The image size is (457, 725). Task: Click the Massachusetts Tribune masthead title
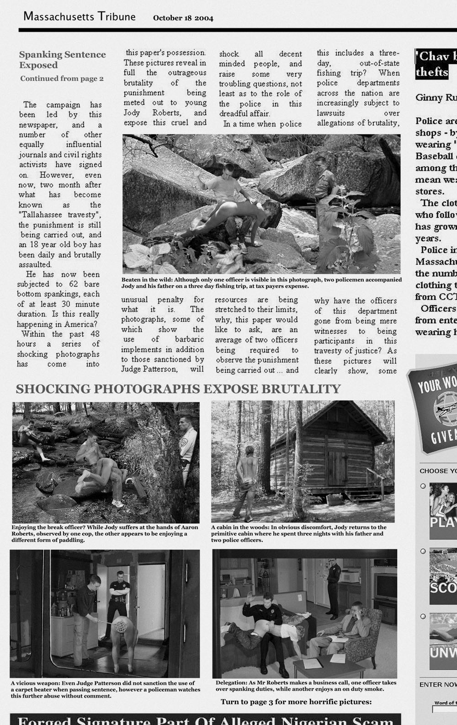click(80, 17)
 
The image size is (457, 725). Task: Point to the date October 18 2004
click(183, 18)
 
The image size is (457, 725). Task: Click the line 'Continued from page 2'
click(62, 79)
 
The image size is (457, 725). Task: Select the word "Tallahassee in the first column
click(54, 215)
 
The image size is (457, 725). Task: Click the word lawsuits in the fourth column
click(332, 113)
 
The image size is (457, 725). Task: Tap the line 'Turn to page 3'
click(296, 702)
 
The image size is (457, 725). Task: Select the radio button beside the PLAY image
click(423, 486)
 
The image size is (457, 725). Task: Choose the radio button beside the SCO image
click(423, 551)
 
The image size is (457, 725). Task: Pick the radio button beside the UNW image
click(423, 617)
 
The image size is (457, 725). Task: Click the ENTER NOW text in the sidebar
click(438, 684)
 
